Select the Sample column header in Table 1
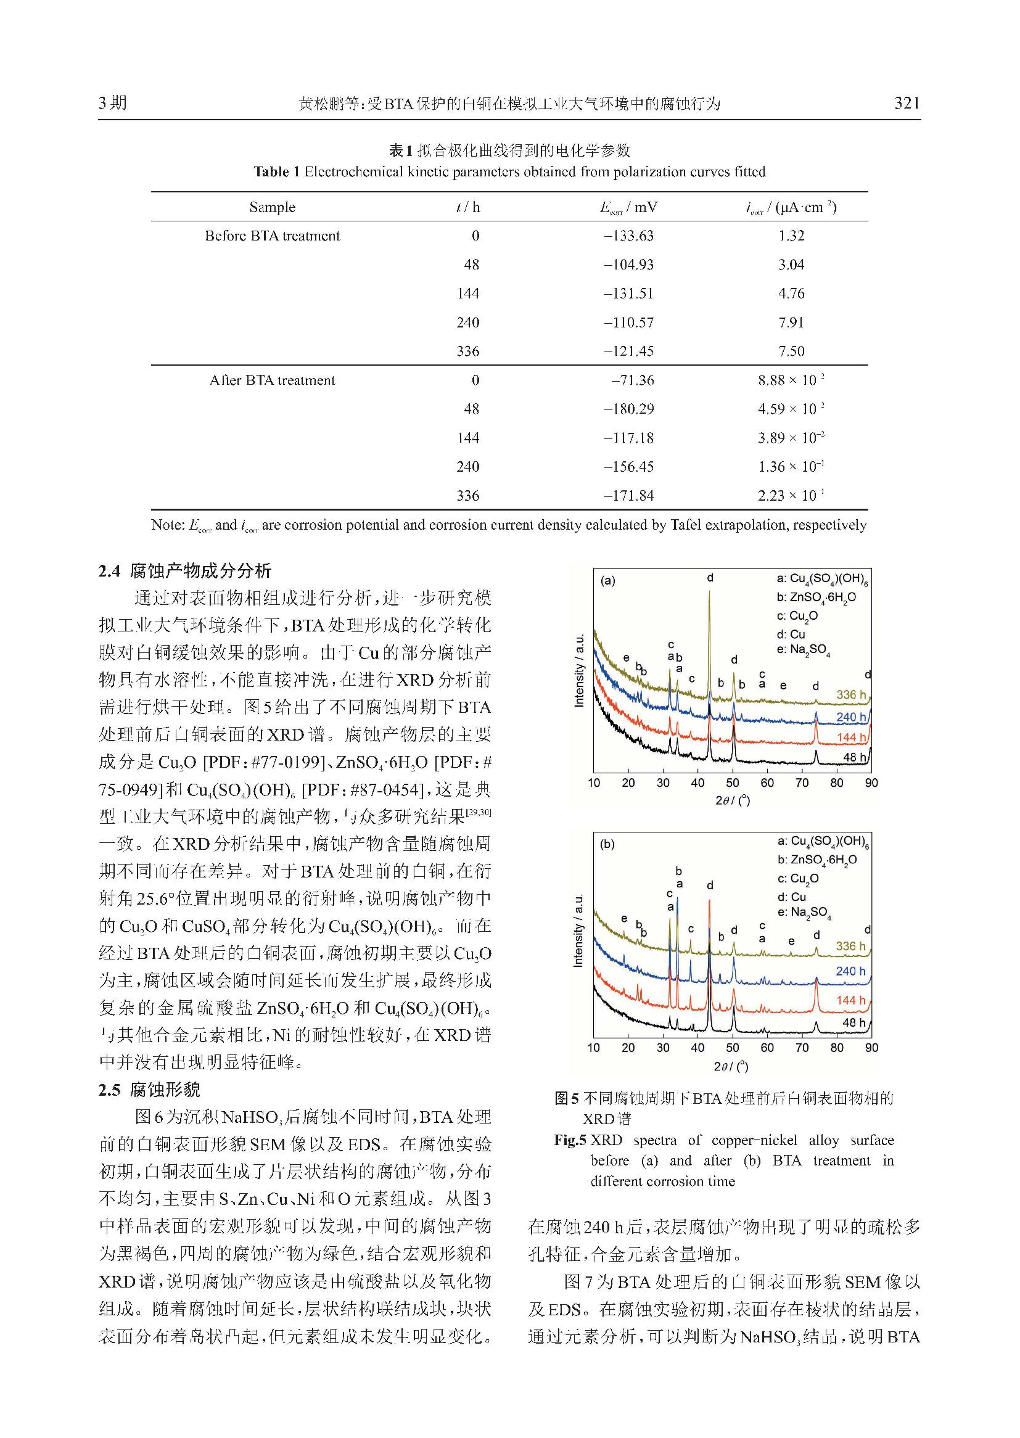(x=272, y=207)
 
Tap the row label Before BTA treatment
(x=272, y=236)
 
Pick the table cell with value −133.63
(x=628, y=236)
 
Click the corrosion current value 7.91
(x=791, y=323)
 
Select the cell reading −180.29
(x=628, y=409)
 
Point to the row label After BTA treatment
(x=272, y=380)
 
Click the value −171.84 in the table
(x=628, y=496)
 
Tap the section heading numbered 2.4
(x=185, y=571)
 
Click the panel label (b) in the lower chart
(x=607, y=845)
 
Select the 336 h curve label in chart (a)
(x=850, y=694)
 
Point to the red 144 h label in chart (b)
(x=850, y=1000)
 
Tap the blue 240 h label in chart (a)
(x=850, y=717)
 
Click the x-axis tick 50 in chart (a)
(x=733, y=783)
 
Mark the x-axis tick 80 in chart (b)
(x=837, y=1048)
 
